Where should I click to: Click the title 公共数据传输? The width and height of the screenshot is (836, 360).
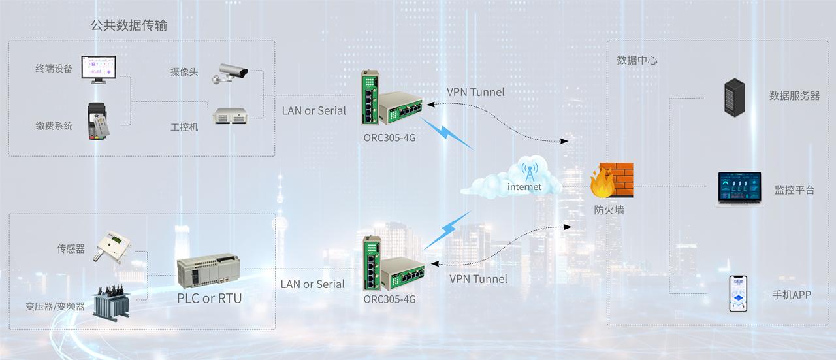click(129, 25)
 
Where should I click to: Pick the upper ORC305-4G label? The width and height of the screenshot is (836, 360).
click(389, 137)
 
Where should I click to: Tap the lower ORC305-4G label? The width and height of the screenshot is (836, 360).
click(389, 299)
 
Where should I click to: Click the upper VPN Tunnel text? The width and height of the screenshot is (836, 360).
click(475, 92)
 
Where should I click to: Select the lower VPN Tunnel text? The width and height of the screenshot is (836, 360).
click(478, 279)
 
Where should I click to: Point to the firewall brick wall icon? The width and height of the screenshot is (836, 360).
click(614, 181)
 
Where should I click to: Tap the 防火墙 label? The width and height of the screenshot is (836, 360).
click(609, 210)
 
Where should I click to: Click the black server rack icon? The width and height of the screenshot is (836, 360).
click(735, 97)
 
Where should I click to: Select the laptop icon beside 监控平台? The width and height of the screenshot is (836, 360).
click(740, 189)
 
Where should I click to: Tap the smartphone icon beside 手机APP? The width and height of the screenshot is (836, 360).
click(738, 294)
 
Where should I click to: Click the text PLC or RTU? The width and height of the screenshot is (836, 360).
click(209, 299)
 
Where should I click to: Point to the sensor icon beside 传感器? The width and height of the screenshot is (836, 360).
click(112, 247)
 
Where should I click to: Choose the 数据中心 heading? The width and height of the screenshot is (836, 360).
click(637, 60)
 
